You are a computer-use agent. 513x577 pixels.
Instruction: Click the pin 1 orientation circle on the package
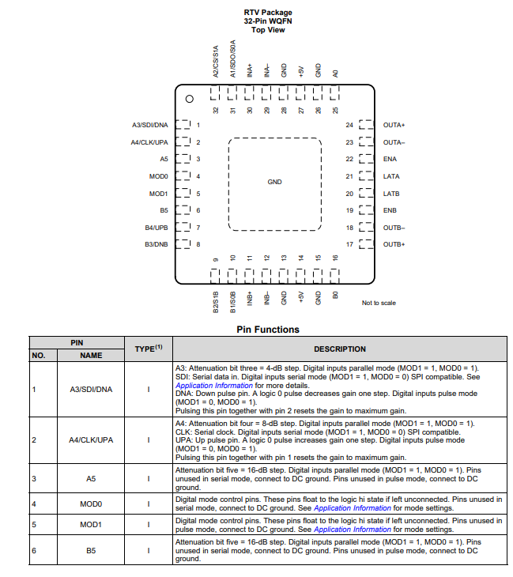click(189, 99)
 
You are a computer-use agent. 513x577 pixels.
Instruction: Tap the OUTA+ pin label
click(394, 125)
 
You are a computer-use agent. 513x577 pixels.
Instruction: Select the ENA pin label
click(390, 159)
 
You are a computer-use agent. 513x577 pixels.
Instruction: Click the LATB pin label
click(390, 194)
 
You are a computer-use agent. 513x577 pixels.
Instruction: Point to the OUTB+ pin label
click(394, 244)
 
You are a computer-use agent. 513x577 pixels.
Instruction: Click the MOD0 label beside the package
click(158, 176)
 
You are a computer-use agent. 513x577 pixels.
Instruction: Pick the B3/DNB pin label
click(156, 244)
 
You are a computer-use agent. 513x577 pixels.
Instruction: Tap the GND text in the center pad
click(274, 182)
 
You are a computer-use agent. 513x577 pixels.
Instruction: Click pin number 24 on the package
click(349, 125)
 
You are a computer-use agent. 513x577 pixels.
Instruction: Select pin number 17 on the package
click(349, 244)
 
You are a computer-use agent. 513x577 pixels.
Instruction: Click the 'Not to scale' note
click(379, 303)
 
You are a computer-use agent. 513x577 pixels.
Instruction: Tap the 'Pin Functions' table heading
click(267, 330)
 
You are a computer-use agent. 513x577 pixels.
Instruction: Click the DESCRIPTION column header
click(340, 349)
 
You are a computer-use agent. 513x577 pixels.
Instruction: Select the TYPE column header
click(149, 349)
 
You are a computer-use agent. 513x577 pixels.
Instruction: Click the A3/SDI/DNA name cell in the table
click(92, 389)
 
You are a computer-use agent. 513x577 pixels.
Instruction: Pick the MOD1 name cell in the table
click(92, 525)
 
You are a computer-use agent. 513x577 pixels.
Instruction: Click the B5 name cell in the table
click(92, 550)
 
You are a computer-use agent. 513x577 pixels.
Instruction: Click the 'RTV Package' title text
click(267, 13)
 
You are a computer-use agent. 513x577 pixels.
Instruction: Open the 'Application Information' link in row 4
click(352, 508)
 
